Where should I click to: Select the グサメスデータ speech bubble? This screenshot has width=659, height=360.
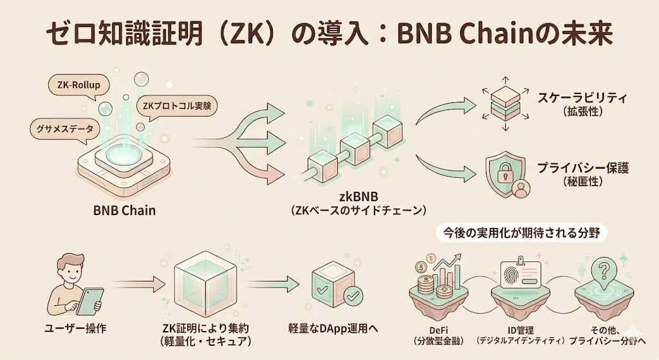[x=63, y=128]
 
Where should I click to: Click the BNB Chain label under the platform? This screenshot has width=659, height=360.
[x=124, y=210]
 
